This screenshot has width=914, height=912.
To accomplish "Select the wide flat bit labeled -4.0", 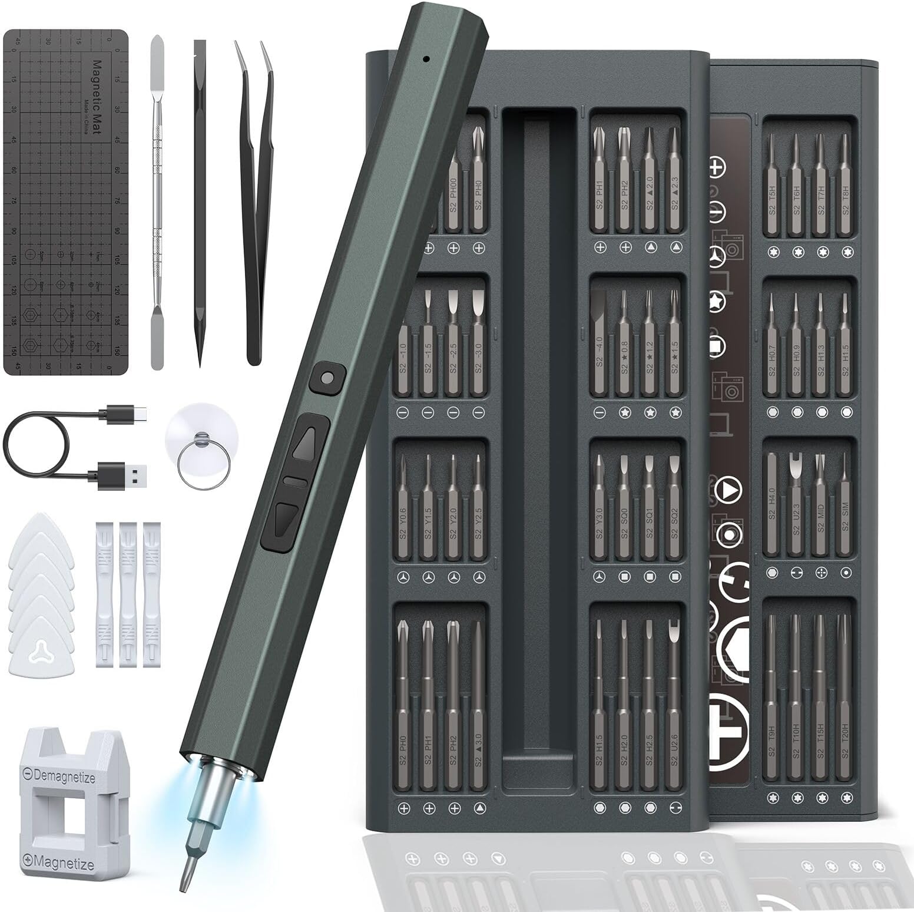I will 599,342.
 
